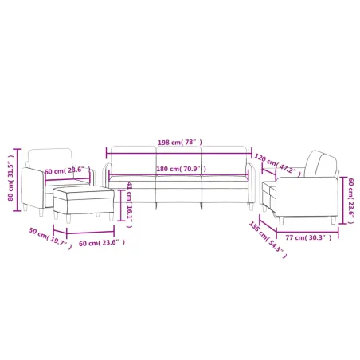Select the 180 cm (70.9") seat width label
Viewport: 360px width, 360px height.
(178, 169)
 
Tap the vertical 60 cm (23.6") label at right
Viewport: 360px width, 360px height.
(350, 203)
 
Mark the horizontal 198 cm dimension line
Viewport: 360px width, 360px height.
(178, 148)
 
